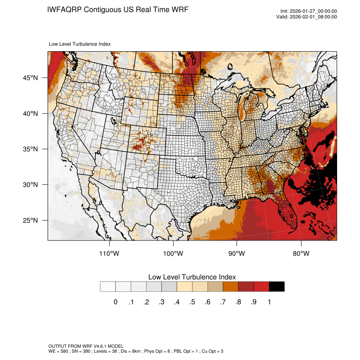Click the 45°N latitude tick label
(30, 78)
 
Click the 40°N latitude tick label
(30, 114)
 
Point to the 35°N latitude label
(30, 149)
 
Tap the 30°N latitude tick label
(30, 185)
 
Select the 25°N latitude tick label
(30, 220)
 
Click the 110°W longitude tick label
(109, 254)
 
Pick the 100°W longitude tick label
(173, 254)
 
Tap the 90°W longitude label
(237, 254)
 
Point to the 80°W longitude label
(301, 254)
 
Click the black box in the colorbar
(277, 286)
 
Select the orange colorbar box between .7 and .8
(230, 286)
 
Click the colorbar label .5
(192, 302)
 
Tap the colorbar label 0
(115, 302)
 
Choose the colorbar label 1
(269, 302)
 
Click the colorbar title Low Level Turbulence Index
(192, 277)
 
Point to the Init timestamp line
(309, 11)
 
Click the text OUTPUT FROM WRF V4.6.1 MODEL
(86, 346)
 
